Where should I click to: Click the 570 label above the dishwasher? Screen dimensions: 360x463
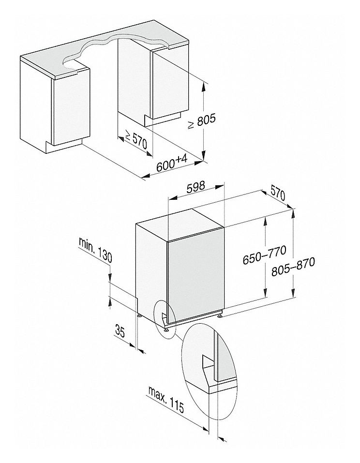tap(276, 194)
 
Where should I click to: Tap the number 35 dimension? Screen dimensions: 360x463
tap(120, 332)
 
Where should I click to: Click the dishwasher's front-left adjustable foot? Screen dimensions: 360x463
tap(167, 330)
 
